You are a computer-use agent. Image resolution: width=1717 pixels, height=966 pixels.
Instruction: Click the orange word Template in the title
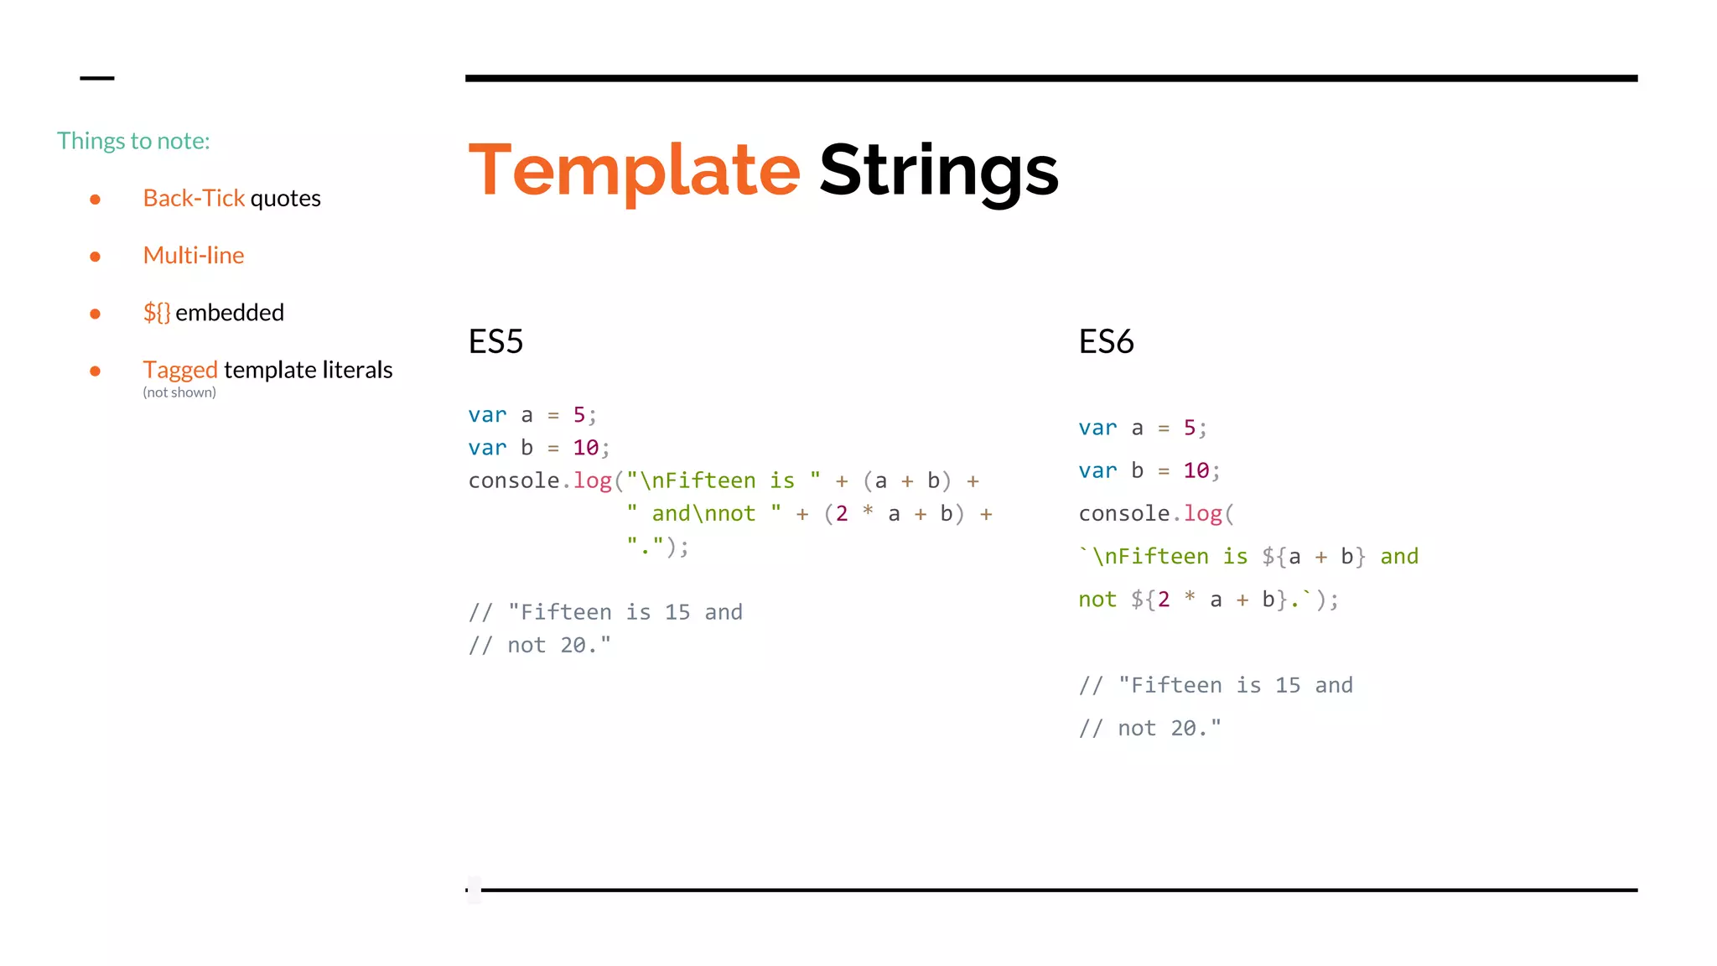pyautogui.click(x=634, y=170)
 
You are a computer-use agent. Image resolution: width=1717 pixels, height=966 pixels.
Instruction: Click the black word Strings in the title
pyautogui.click(x=938, y=170)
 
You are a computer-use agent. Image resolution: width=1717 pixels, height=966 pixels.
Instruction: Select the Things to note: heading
pyautogui.click(x=133, y=141)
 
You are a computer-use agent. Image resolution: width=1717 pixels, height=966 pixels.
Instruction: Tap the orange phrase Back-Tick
pyautogui.click(x=194, y=198)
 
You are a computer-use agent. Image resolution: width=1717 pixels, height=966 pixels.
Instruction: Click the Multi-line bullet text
pyautogui.click(x=194, y=255)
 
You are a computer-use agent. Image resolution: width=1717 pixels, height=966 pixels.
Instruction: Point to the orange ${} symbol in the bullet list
pyautogui.click(x=157, y=313)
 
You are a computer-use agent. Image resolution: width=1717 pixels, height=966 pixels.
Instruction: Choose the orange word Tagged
pyautogui.click(x=180, y=370)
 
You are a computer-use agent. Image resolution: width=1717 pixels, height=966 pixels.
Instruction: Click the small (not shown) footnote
pyautogui.click(x=179, y=392)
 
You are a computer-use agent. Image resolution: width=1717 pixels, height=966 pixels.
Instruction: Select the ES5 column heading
pyautogui.click(x=495, y=341)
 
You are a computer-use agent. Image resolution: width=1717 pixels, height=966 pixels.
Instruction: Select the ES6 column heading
pyautogui.click(x=1106, y=341)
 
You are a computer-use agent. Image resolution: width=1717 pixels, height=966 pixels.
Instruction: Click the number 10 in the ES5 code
pyautogui.click(x=585, y=448)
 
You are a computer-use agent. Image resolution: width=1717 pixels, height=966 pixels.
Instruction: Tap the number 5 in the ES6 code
pyautogui.click(x=1189, y=428)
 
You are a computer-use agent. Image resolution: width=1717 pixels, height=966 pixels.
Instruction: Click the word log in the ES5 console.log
pyautogui.click(x=592, y=480)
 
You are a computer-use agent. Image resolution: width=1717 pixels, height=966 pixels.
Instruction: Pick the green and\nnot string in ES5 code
pyautogui.click(x=703, y=513)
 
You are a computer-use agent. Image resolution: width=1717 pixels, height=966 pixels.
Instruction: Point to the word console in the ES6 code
pyautogui.click(x=1123, y=513)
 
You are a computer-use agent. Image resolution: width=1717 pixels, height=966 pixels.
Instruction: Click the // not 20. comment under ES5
pyautogui.click(x=540, y=645)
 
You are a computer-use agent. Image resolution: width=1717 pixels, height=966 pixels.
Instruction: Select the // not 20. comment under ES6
pyautogui.click(x=1150, y=728)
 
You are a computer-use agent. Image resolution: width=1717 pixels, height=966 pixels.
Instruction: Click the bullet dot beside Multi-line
pyautogui.click(x=96, y=257)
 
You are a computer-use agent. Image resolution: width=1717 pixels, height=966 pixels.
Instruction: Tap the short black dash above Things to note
pyautogui.click(x=96, y=78)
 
